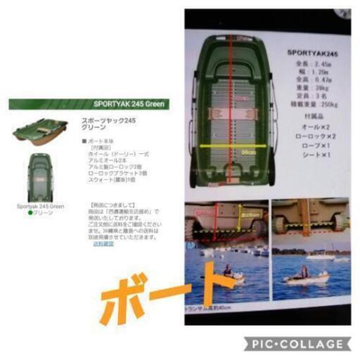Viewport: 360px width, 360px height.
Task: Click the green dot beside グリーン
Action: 31,212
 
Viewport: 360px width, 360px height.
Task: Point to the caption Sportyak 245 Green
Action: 40,207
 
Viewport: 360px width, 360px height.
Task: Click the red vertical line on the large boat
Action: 231,105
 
